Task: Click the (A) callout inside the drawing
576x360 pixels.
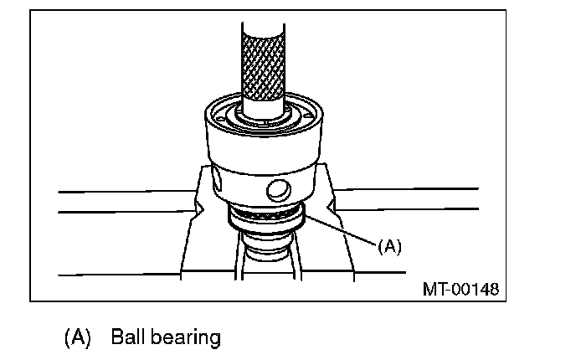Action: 390,246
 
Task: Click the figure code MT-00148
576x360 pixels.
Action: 460,290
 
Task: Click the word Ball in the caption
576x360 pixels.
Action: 126,337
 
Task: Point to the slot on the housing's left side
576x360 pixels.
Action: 215,178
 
